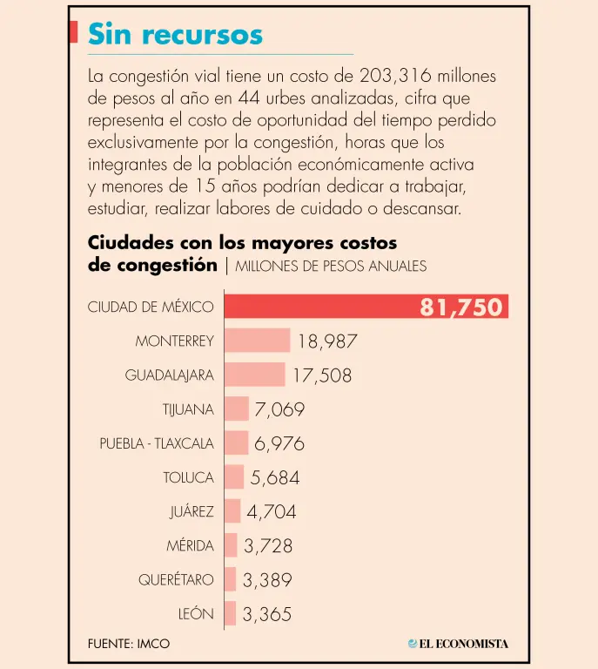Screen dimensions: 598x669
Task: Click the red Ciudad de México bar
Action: click(x=366, y=307)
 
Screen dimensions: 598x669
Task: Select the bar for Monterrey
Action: click(x=258, y=341)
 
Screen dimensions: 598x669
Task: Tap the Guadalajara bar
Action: click(x=255, y=375)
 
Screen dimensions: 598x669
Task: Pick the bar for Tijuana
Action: click(x=237, y=409)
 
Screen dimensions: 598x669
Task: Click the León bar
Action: click(x=230, y=613)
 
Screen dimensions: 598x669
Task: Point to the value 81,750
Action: click(x=461, y=307)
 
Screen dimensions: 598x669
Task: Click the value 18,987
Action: click(x=327, y=341)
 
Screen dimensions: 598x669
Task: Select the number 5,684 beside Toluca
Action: click(x=275, y=478)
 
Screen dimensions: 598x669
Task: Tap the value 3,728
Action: click(x=268, y=546)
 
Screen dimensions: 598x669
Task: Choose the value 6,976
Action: click(x=279, y=443)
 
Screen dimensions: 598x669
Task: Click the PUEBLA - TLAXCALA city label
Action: click(x=157, y=443)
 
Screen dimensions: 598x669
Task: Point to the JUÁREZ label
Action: click(x=191, y=511)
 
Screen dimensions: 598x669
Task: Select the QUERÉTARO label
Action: click(x=176, y=579)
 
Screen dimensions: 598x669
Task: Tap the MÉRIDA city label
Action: click(x=190, y=545)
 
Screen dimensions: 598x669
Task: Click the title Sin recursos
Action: click(x=175, y=34)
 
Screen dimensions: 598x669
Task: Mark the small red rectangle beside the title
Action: click(x=73, y=32)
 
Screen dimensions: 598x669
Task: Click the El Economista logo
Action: click(x=458, y=644)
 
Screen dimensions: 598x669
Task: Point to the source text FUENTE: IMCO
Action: click(x=129, y=644)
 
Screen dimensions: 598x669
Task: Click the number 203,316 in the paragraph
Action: click(x=395, y=76)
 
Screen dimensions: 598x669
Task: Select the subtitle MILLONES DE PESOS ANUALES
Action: click(x=331, y=267)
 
